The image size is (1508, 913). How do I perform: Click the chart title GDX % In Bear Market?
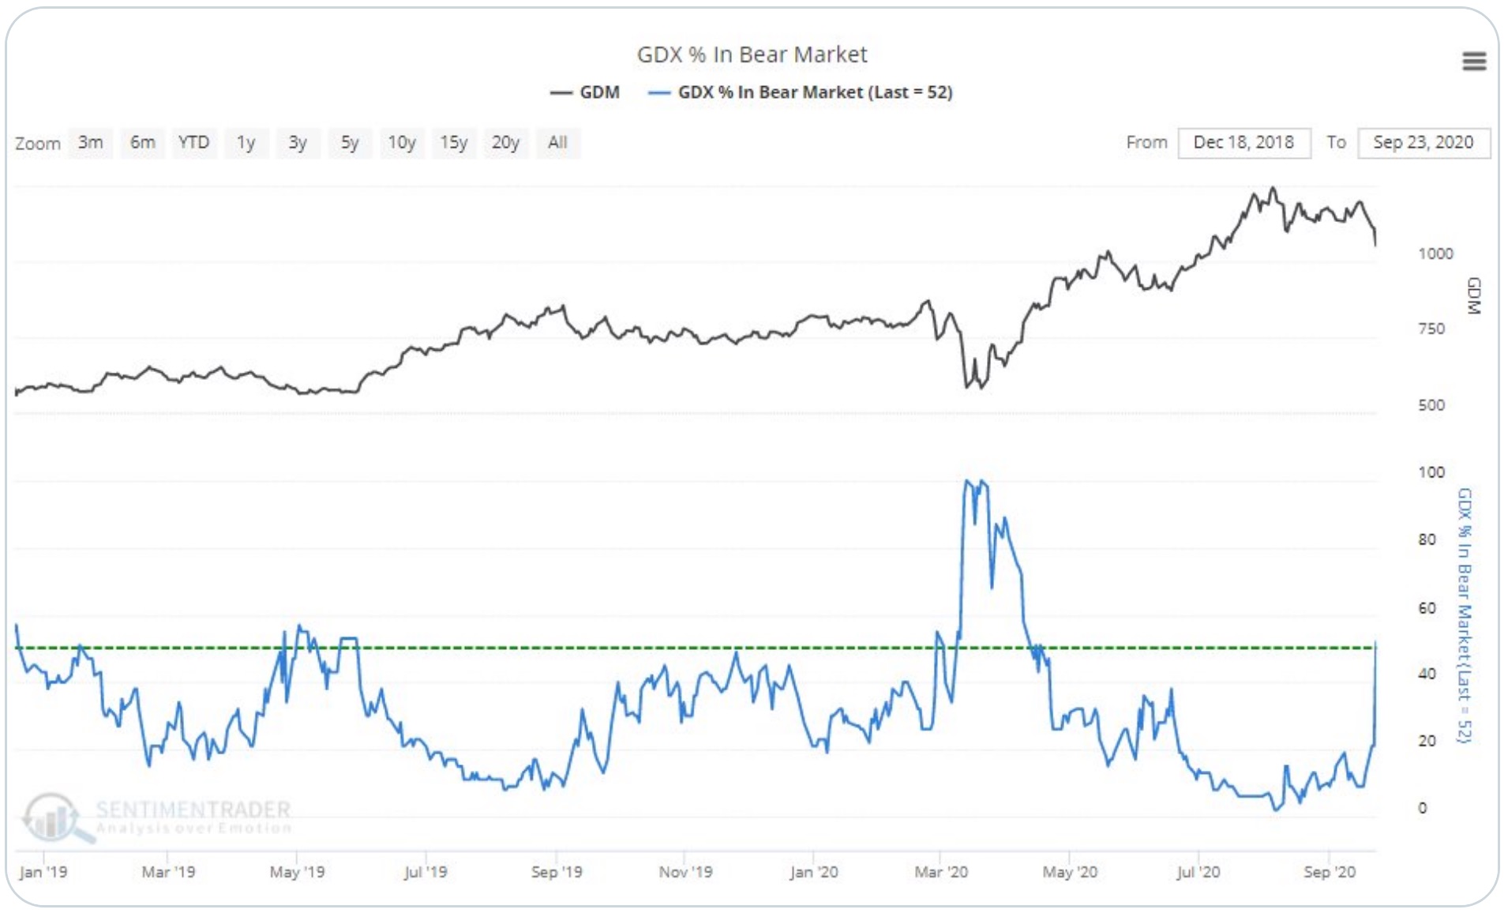(x=752, y=54)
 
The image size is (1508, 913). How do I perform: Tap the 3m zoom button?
(x=91, y=143)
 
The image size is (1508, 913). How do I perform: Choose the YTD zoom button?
(x=193, y=143)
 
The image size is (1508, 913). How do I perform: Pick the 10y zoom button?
(x=401, y=143)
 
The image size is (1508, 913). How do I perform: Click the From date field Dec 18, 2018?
(x=1244, y=143)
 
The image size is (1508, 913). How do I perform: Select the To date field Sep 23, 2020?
(x=1423, y=143)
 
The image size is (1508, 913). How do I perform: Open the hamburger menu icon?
(x=1474, y=62)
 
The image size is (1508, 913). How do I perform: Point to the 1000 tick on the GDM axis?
(x=1435, y=254)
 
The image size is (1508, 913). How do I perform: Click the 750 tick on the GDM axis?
(x=1431, y=329)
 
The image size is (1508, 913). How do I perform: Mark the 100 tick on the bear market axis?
(x=1431, y=472)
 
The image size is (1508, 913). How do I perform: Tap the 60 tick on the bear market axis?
(x=1427, y=608)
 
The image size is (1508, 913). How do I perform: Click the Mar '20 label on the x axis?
(x=940, y=872)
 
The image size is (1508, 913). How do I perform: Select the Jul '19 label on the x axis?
(x=425, y=872)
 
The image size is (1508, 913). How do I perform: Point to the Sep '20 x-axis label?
(x=1329, y=872)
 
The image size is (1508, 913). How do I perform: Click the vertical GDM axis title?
(x=1473, y=296)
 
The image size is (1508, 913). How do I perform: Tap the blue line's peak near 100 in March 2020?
(x=968, y=481)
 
